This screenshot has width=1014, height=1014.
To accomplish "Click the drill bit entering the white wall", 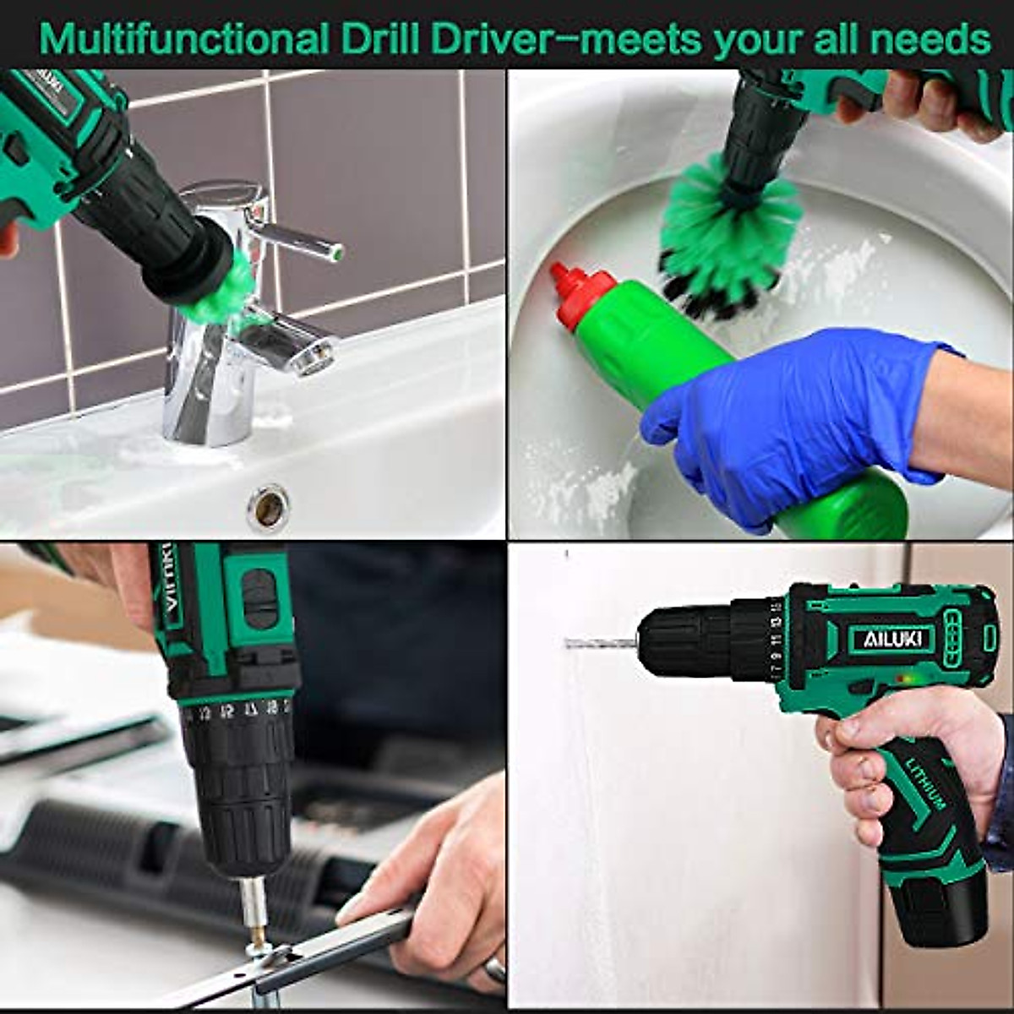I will click(x=600, y=643).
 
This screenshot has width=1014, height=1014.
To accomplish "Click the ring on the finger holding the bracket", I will click(x=495, y=969).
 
